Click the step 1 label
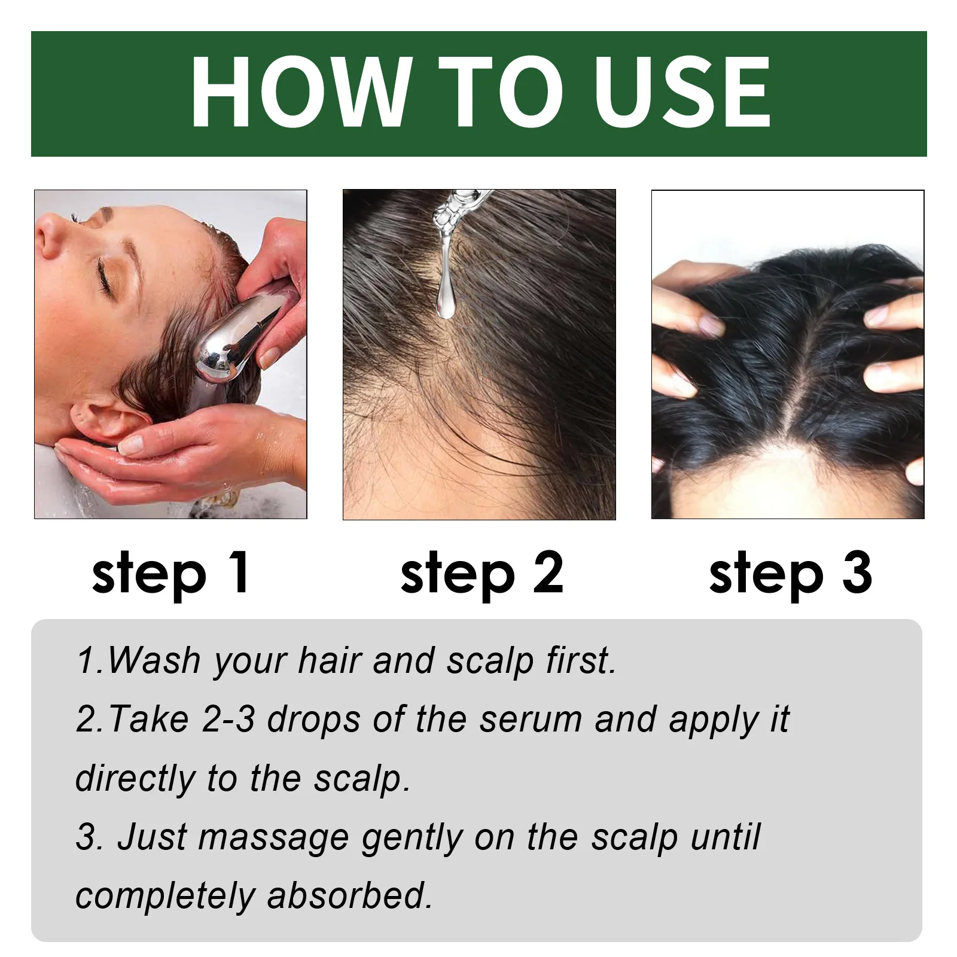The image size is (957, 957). point(170,573)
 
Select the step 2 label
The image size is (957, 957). point(482,573)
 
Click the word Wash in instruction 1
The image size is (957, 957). point(154,661)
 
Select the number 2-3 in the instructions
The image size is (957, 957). point(228,720)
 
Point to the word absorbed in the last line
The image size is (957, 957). point(350,896)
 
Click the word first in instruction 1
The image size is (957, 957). point(580,661)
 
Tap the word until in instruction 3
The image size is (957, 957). point(725,837)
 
